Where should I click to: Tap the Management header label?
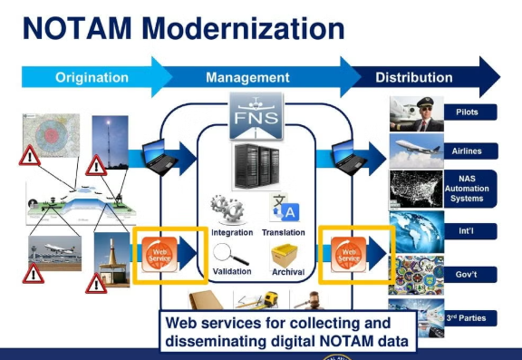(x=247, y=77)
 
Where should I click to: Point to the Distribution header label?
(x=414, y=77)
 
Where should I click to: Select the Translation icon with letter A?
(x=283, y=209)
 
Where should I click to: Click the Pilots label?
(x=478, y=112)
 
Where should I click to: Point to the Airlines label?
(x=478, y=151)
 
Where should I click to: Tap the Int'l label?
(x=478, y=232)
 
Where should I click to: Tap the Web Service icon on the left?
(x=159, y=253)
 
